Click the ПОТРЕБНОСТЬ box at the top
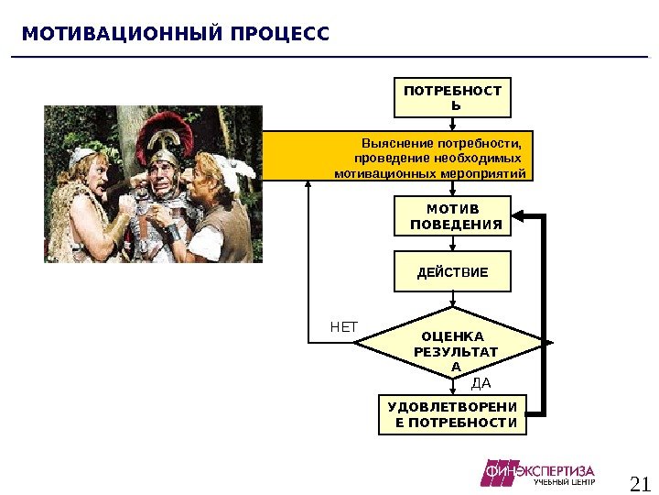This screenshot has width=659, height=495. coord(453,98)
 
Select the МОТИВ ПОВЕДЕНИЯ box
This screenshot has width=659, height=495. coord(453,217)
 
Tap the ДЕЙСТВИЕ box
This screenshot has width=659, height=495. coord(453,272)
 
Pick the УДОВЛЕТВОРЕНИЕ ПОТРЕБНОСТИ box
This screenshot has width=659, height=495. coord(453,414)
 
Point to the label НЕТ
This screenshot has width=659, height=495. coord(344,326)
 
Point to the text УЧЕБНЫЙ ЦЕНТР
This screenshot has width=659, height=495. coord(564,482)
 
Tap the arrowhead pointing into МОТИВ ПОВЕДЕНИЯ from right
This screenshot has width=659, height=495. coord(519,217)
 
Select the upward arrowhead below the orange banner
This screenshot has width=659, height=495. coord(309,185)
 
